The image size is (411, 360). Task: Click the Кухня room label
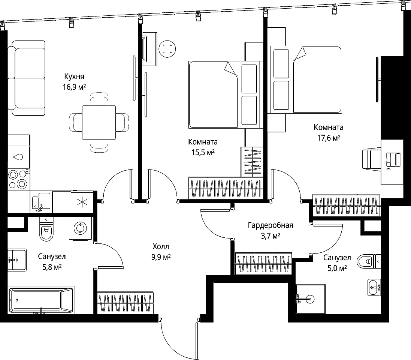pyautogui.click(x=74, y=76)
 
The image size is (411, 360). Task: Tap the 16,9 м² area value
pyautogui.click(x=74, y=87)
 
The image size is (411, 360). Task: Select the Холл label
pyautogui.click(x=161, y=247)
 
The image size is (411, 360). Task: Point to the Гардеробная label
pyautogui.click(x=271, y=225)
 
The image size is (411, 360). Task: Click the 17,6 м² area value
pyautogui.click(x=329, y=138)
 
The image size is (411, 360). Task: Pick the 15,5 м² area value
pyautogui.click(x=203, y=152)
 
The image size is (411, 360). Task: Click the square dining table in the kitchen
pyautogui.click(x=99, y=122)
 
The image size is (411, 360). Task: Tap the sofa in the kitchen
pyautogui.click(x=26, y=78)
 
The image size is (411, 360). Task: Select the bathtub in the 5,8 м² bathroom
pyautogui.click(x=41, y=300)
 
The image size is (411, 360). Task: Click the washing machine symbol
pyautogui.click(x=80, y=228)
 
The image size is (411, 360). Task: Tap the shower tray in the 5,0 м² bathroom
pyautogui.click(x=311, y=299)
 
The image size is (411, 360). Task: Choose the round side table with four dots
pyautogui.click(x=167, y=49)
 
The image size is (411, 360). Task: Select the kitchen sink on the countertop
pyautogui.click(x=41, y=201)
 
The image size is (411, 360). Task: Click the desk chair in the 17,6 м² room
pyautogui.click(x=371, y=159)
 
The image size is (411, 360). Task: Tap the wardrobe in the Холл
pyautogui.click(x=125, y=303)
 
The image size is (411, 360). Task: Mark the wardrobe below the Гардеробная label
pyautogui.click(x=263, y=264)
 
